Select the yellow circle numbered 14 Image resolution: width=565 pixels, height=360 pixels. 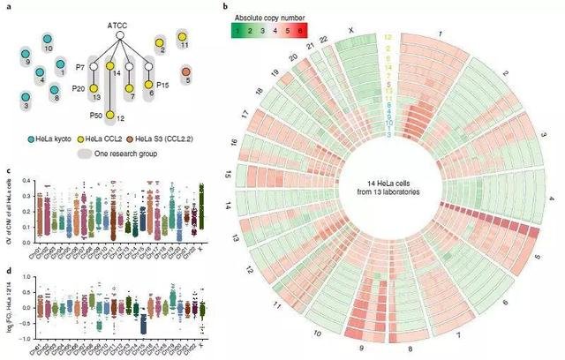[109, 66]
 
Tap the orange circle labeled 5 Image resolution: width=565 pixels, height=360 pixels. [185, 79]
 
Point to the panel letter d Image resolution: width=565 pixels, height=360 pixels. [7, 269]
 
